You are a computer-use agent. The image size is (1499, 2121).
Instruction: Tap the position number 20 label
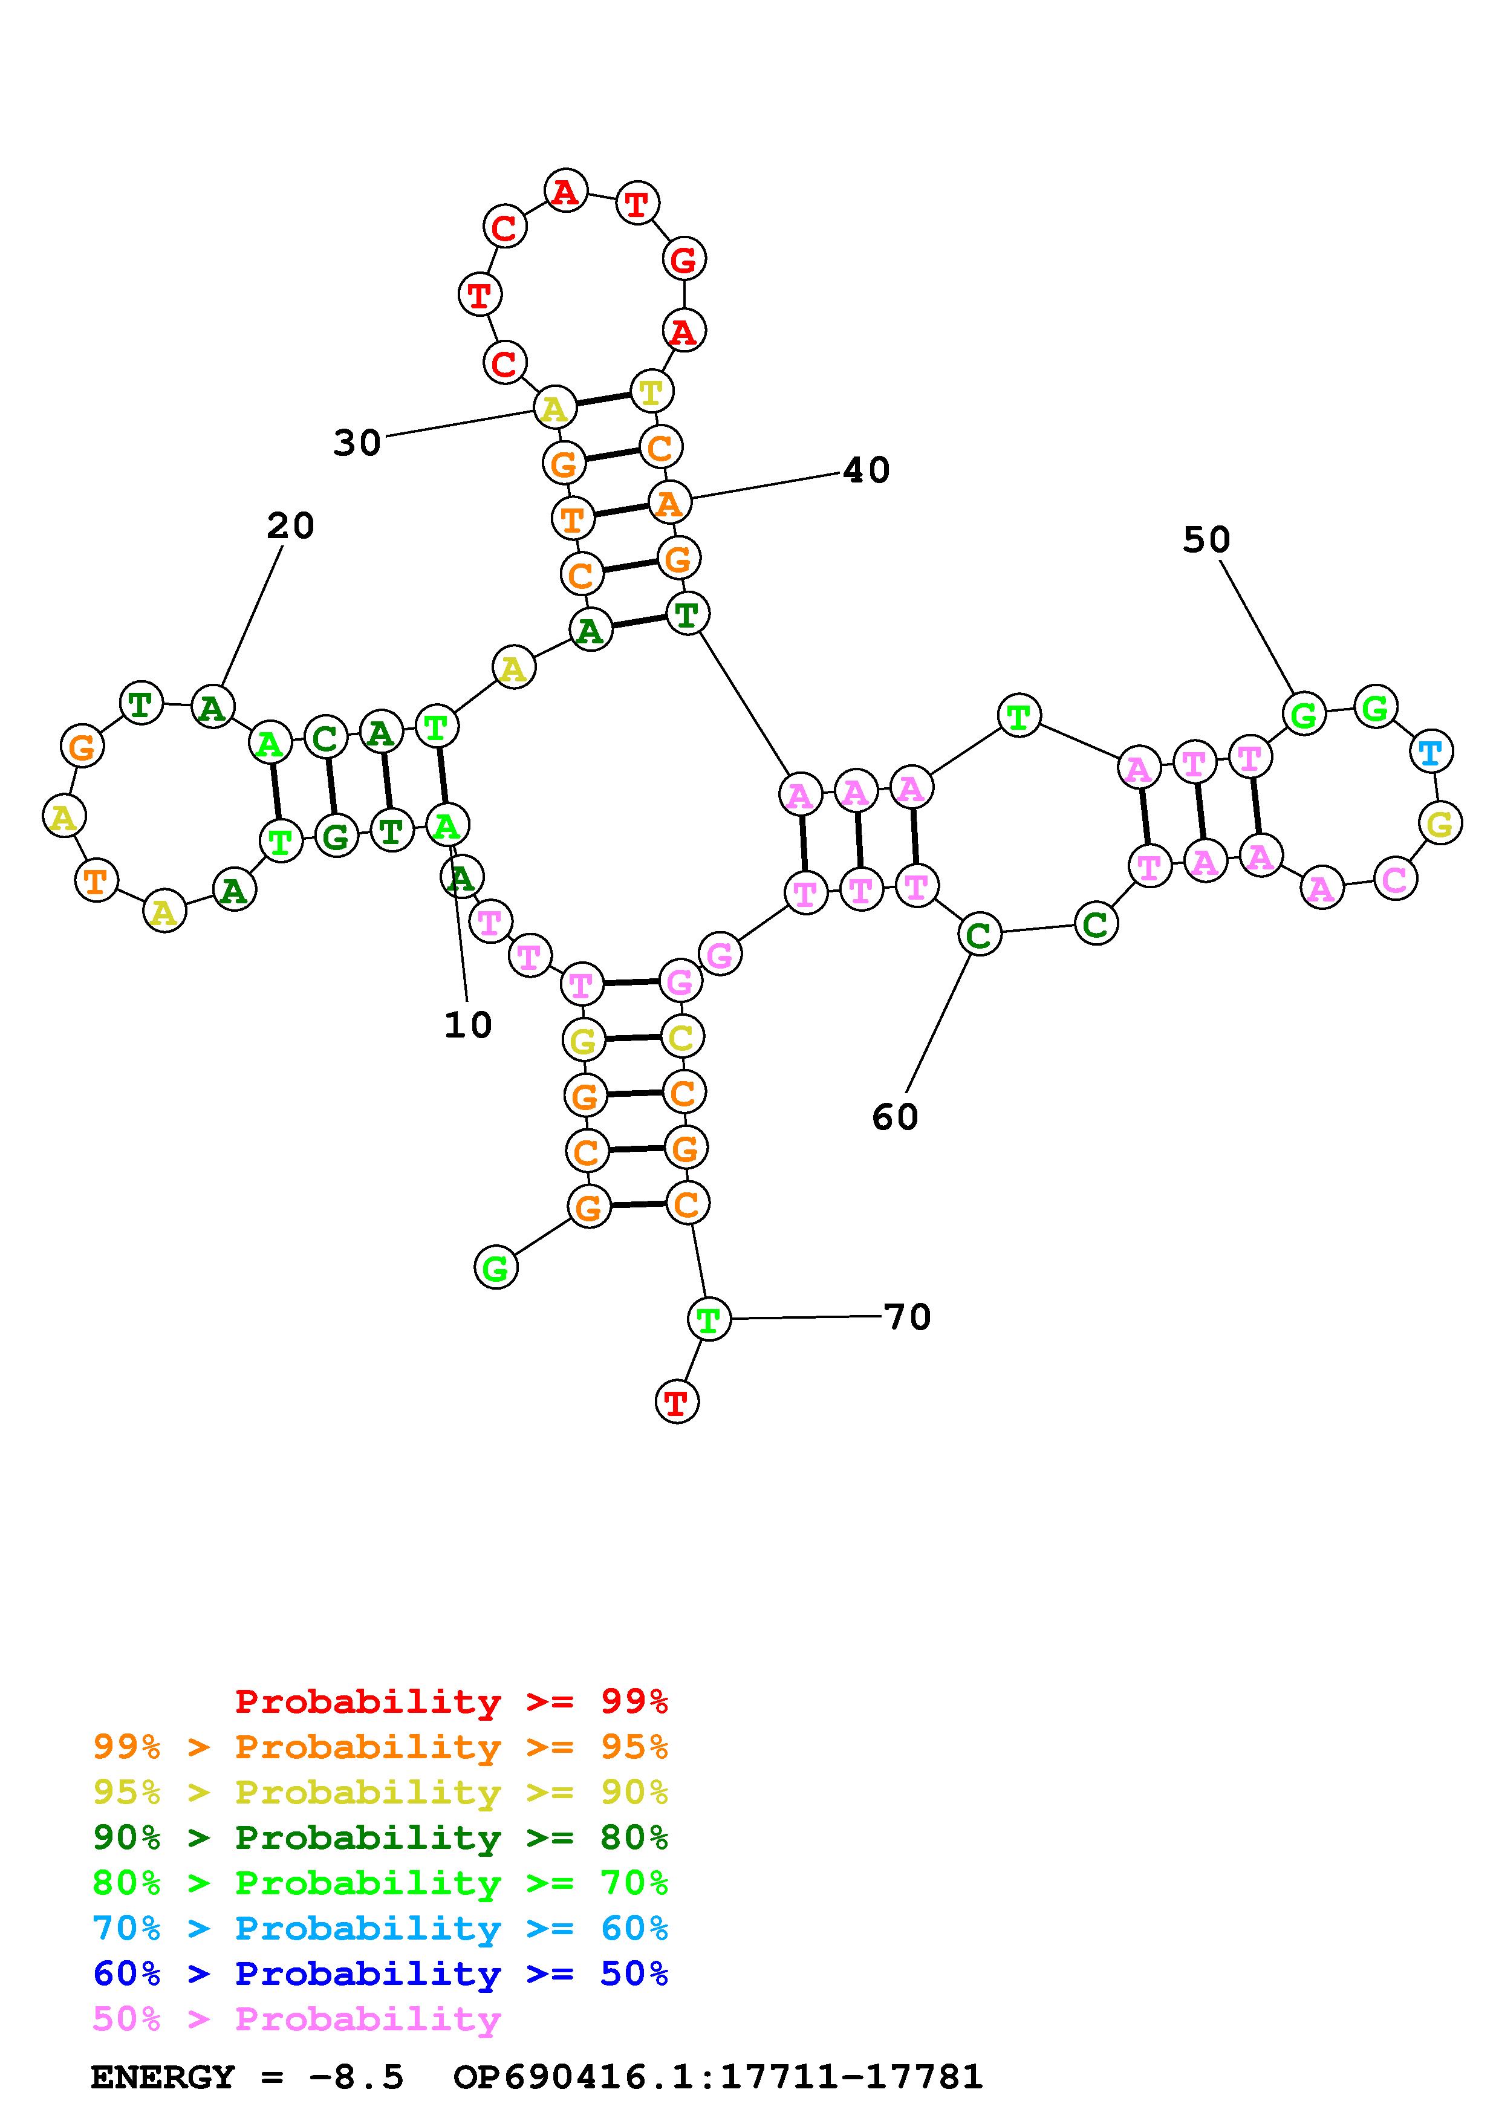coord(290,527)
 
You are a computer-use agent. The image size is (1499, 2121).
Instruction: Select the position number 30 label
coord(357,443)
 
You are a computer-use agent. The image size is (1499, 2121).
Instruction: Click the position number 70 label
coord(907,1317)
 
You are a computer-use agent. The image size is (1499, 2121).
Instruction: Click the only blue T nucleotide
coord(1431,753)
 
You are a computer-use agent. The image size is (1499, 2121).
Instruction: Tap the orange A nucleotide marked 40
coord(669,504)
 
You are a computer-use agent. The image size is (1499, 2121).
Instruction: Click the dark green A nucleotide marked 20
coord(212,709)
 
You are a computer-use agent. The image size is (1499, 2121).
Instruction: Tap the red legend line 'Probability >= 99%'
coord(452,1701)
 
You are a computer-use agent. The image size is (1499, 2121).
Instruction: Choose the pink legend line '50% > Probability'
coord(296,2019)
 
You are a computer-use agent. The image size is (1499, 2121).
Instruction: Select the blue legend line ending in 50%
coord(380,1974)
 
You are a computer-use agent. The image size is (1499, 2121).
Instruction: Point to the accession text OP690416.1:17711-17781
coord(718,2077)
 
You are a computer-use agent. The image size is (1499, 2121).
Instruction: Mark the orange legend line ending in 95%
coord(380,1747)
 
